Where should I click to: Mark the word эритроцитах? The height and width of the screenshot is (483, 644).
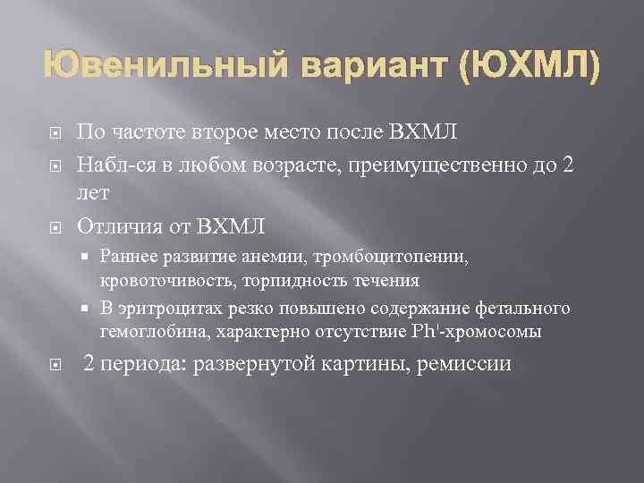point(164,309)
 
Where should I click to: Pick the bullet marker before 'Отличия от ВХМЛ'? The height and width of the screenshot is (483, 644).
point(54,225)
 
